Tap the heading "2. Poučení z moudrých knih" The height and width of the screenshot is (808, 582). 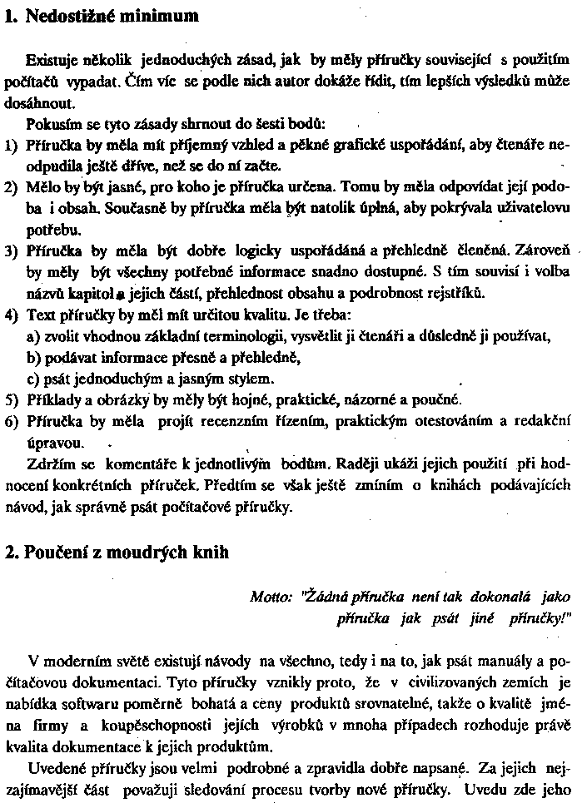click(x=116, y=553)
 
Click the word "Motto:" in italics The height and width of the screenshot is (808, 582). click(x=270, y=597)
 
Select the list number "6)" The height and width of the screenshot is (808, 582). click(x=11, y=421)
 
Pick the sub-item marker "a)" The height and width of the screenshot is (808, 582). click(x=34, y=335)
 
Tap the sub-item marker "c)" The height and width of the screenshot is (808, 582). click(x=34, y=379)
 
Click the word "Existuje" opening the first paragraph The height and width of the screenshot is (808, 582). click(x=52, y=61)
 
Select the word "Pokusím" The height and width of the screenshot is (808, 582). click(x=52, y=125)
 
